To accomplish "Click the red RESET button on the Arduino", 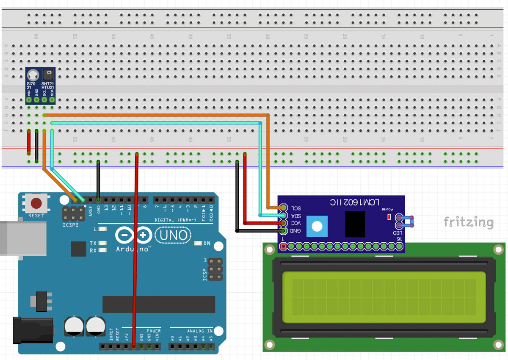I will click(x=36, y=204).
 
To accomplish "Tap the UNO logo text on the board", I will click(x=173, y=235).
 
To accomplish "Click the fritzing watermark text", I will click(x=468, y=222).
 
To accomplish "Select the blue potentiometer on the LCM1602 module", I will click(x=317, y=226).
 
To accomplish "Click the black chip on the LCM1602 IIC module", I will click(x=355, y=224).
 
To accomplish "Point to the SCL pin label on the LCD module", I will click(x=295, y=208).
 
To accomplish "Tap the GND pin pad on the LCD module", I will click(x=283, y=231).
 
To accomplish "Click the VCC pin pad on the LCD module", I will click(x=283, y=223).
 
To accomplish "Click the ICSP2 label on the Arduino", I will click(x=71, y=224).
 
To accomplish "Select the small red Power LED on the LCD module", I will click(x=389, y=217).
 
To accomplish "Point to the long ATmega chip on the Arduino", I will click(x=159, y=304).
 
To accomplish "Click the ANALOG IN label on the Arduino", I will click(x=200, y=331).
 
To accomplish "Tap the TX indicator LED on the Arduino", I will click(x=102, y=243).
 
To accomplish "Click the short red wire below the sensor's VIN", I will click(x=29, y=142).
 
